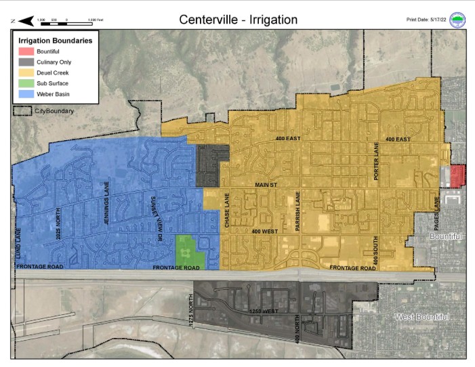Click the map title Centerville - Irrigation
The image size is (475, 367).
coord(238,20)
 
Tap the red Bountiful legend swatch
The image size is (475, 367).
coord(25,51)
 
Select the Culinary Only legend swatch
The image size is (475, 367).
coord(25,62)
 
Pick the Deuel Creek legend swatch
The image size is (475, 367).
coord(25,72)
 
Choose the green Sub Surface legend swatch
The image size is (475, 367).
coord(25,83)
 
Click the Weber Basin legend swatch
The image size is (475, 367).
coord(25,94)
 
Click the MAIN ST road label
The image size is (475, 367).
coord(266,184)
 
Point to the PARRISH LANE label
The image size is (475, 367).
coord(297,212)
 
